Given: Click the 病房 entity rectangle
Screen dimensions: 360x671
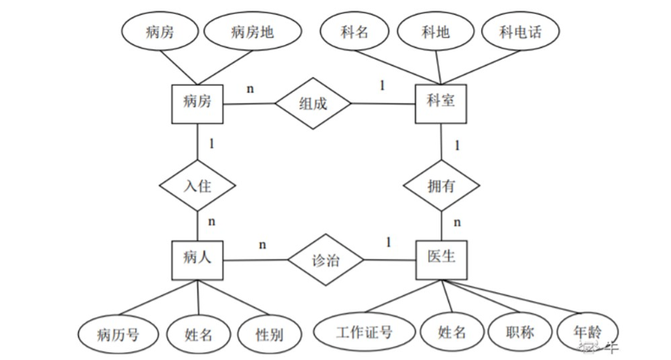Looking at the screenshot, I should [199, 104].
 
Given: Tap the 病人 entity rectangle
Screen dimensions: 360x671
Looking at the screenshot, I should [199, 257].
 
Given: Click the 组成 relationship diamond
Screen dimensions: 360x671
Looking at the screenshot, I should [313, 104].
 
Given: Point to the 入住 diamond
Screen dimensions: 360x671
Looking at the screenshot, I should [199, 185].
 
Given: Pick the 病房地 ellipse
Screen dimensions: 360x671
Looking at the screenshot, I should [252, 33].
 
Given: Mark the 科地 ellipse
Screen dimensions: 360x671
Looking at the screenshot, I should [435, 33].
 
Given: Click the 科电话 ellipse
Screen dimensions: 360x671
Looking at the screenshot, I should [521, 33].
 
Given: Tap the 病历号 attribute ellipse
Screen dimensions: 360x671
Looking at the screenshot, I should [117, 331].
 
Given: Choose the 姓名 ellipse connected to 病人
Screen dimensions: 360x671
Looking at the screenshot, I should [199, 331].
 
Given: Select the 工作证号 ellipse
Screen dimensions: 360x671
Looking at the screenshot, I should [364, 331].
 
